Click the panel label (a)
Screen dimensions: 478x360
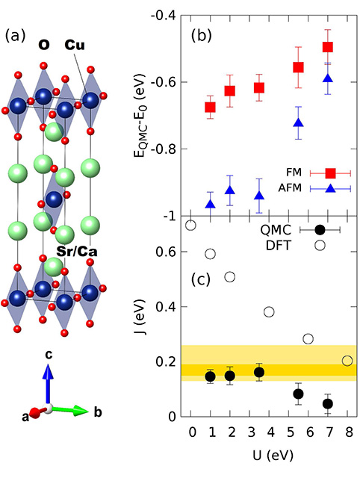tap(16, 35)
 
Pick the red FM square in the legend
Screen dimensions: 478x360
tap(330, 173)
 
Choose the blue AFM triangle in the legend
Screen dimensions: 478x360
tap(330, 188)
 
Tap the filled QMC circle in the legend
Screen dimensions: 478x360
tap(320, 230)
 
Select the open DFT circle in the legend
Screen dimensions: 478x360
tap(320, 245)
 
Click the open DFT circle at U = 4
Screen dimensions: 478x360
tap(269, 311)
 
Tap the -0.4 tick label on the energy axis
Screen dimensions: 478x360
tap(170, 16)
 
